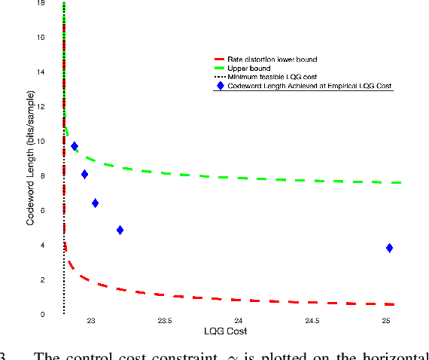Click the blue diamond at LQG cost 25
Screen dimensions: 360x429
coord(389,248)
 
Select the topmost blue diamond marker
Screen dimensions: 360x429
coord(75,146)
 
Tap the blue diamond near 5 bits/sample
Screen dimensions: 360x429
coord(120,230)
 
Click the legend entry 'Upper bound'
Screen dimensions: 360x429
coord(242,68)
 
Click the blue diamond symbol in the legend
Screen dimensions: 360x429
coord(220,86)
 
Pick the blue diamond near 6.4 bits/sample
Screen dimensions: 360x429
coord(95,203)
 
